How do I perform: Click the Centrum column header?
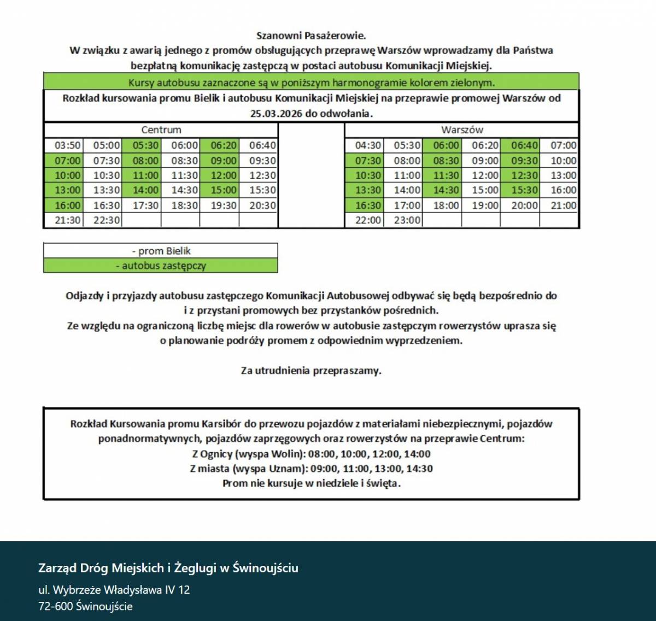coord(161,130)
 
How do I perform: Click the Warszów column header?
coord(462,130)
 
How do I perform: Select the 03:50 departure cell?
coord(68,146)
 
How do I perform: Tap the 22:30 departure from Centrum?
coord(107,220)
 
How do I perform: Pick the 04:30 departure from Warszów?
coord(368,146)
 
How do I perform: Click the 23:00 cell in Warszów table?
coord(407,220)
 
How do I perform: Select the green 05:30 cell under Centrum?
coord(145,146)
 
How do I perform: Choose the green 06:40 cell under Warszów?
coord(524,146)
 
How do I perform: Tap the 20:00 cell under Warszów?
coord(524,205)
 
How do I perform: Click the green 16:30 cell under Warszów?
coord(368,205)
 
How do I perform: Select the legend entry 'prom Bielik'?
coord(161,251)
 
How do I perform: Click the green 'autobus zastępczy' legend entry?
coord(161,266)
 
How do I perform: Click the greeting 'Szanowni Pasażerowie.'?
coord(311,36)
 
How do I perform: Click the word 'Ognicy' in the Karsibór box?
coord(216,454)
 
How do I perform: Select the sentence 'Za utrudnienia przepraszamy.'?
coord(311,371)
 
